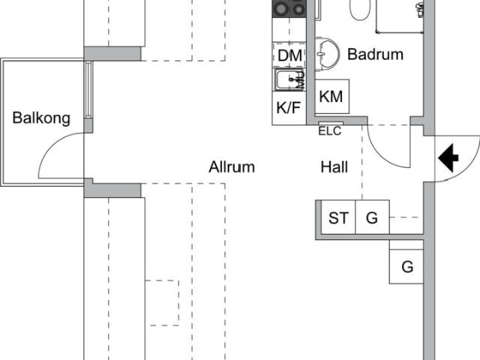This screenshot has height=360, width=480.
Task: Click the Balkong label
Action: coord(41,118)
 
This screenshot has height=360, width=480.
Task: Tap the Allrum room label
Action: coord(232,167)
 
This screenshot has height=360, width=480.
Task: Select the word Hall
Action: coord(334,167)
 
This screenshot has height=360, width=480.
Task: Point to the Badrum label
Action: coord(375,55)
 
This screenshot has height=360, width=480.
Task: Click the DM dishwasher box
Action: coord(289,55)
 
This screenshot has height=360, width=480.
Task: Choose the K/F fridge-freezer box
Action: coord(289,108)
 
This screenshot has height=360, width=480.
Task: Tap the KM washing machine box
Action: coord(332,97)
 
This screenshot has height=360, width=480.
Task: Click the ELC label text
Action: coord(330,131)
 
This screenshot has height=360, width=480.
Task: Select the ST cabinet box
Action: coord(338,217)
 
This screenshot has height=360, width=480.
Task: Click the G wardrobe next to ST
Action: coord(373,217)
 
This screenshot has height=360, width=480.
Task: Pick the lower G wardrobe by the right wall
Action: coord(406,266)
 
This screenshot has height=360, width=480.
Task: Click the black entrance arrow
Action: coord(448,158)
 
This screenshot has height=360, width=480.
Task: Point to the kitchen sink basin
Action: coord(286,80)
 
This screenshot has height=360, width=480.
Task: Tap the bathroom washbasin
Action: coord(327,55)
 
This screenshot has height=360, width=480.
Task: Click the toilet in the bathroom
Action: coord(360,9)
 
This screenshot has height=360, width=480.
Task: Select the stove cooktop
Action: coord(289,8)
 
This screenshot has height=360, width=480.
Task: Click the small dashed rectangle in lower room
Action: coord(162,303)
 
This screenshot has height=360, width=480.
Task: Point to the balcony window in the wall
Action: coord(88,90)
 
